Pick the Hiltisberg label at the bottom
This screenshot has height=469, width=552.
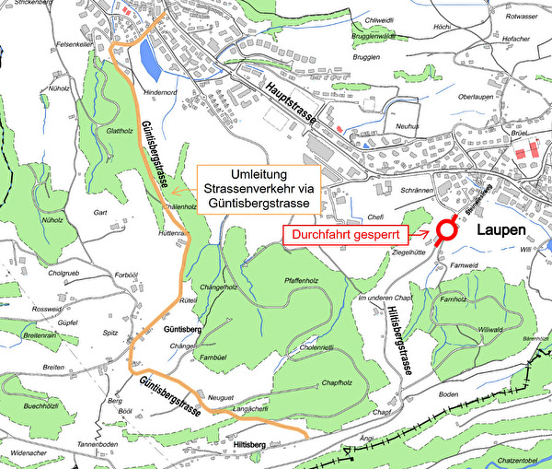click(x=250, y=445)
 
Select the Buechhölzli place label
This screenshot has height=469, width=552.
click(x=41, y=405)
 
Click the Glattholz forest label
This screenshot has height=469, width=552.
click(x=121, y=132)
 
